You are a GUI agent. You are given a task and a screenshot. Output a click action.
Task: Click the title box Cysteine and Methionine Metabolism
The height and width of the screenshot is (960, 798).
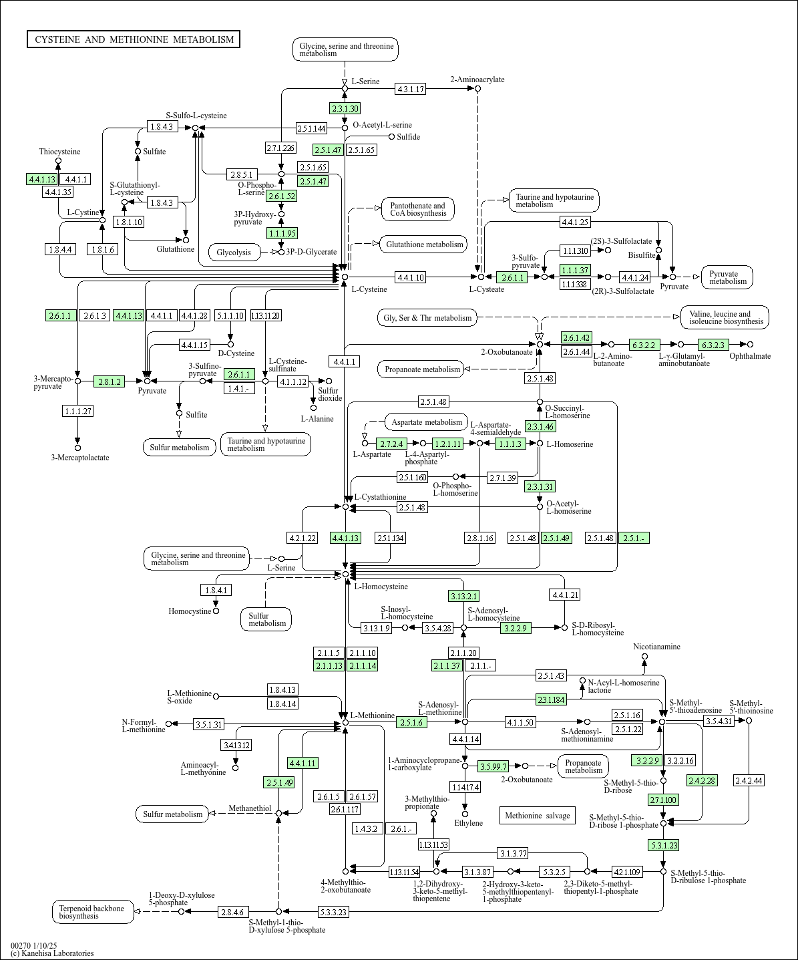[134, 39]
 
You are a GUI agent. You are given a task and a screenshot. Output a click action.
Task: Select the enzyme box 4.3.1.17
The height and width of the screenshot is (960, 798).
[410, 89]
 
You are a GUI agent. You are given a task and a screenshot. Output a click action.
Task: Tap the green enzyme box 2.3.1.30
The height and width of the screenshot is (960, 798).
[345, 108]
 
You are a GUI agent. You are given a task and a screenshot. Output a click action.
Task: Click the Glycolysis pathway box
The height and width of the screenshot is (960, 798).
[234, 252]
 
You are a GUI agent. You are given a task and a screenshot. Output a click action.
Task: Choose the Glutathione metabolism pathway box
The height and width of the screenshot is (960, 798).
[424, 245]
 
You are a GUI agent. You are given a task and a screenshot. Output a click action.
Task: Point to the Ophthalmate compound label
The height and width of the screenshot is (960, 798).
[749, 356]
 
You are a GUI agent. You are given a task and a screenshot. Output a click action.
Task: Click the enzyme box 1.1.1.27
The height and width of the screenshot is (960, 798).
[77, 411]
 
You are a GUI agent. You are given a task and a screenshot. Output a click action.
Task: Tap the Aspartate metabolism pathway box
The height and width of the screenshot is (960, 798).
[427, 422]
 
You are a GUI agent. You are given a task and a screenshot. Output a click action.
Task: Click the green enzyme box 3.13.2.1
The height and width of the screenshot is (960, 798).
[463, 596]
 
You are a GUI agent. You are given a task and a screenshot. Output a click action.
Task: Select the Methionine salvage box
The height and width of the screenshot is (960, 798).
[537, 816]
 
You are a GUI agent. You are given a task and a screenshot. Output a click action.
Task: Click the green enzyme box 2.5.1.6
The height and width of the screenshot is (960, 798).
[412, 722]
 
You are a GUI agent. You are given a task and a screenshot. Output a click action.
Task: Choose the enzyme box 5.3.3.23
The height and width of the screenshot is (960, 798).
[333, 912]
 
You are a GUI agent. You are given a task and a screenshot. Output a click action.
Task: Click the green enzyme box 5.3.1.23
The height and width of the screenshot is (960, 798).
[663, 845]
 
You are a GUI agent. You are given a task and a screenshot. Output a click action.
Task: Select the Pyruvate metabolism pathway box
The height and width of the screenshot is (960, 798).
[727, 277]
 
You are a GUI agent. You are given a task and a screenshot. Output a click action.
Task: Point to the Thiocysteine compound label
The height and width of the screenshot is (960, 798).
[59, 152]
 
